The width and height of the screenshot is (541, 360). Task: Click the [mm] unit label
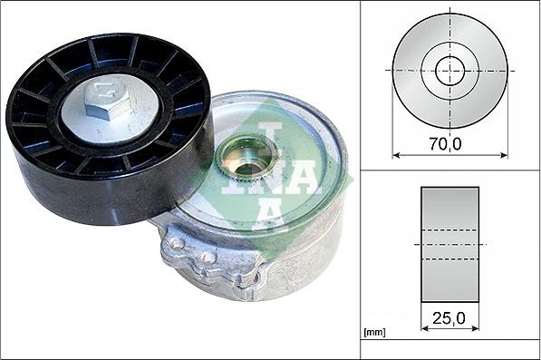click(x=372, y=333)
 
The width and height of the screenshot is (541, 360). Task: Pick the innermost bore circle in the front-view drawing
click(x=449, y=70)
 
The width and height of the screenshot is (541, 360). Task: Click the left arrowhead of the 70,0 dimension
click(x=396, y=154)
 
